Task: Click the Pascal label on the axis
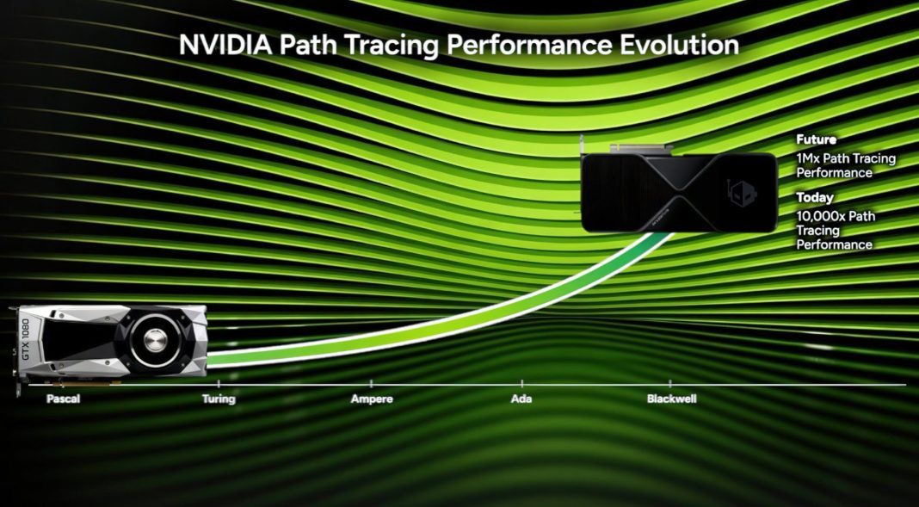[x=64, y=399]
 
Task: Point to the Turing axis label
[x=219, y=399]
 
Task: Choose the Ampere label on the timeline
[x=372, y=399]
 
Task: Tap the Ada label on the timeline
[x=521, y=399]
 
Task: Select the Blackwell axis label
[x=671, y=399]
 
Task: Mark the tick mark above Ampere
[x=372, y=382]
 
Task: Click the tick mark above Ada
[x=521, y=382]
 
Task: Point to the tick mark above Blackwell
[x=671, y=382]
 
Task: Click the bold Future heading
[x=816, y=139]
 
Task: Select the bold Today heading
[x=814, y=198]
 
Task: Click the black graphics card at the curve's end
[x=680, y=191]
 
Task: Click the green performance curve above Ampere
[x=372, y=335]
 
